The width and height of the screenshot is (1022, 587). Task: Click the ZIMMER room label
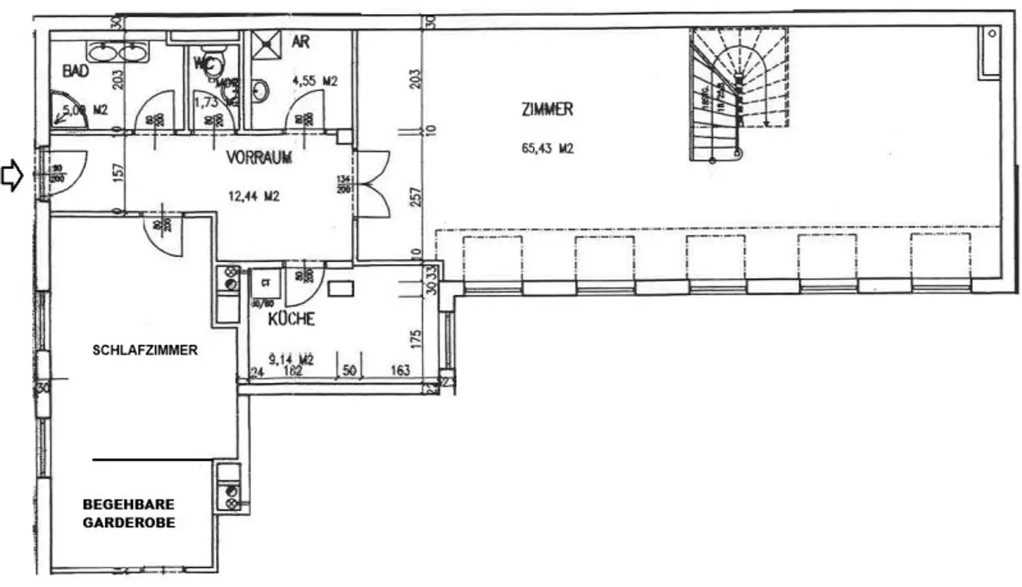point(547,109)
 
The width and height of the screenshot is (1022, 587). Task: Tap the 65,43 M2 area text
point(547,148)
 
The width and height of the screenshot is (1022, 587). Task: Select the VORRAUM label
point(259,158)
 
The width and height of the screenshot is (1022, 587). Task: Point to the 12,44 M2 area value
point(254,196)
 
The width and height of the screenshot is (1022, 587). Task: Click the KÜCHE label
point(291,319)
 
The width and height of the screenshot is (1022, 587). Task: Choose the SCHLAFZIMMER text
point(145,350)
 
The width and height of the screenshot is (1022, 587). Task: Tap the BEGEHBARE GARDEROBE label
point(129,514)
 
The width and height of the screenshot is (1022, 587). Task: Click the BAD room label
point(75,70)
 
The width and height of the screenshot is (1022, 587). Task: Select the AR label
point(301,42)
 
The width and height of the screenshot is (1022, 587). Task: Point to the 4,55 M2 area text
point(315,81)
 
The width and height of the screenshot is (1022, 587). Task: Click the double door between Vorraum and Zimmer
point(373,183)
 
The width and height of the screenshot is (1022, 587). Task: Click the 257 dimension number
point(416,197)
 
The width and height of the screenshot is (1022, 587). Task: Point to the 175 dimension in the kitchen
point(416,339)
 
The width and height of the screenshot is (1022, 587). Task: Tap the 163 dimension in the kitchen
point(400,370)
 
